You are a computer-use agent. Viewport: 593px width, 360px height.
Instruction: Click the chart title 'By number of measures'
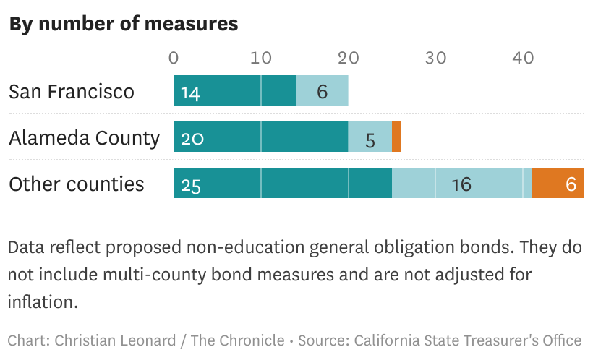123,23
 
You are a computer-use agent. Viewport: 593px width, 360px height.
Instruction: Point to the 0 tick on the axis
174,58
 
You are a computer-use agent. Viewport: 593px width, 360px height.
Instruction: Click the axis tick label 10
261,58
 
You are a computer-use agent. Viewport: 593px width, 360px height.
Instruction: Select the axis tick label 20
349,58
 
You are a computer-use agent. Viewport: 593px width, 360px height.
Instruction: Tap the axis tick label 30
435,58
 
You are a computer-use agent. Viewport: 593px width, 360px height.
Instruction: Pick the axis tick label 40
523,58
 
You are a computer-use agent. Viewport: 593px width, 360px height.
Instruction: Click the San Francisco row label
72,92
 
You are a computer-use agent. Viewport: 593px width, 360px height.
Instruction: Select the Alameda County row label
84,137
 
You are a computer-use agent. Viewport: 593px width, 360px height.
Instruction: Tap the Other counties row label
77,184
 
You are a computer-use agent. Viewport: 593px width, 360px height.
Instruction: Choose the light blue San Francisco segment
323,90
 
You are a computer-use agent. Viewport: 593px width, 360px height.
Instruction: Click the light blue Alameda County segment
370,137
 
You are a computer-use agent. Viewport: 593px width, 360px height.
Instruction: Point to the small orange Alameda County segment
396,137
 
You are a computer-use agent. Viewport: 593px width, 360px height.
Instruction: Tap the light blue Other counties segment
462,183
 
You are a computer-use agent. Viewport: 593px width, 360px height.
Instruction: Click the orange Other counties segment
558,183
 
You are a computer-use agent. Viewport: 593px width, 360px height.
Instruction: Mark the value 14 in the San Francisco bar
191,93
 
